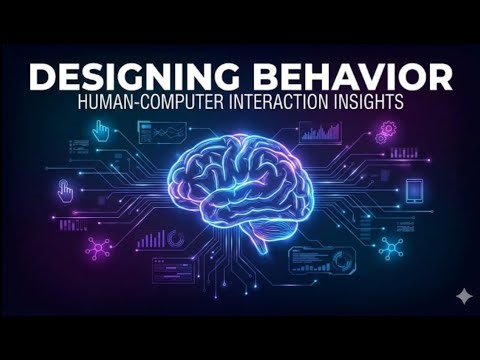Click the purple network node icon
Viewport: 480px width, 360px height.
click(x=99, y=247)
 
